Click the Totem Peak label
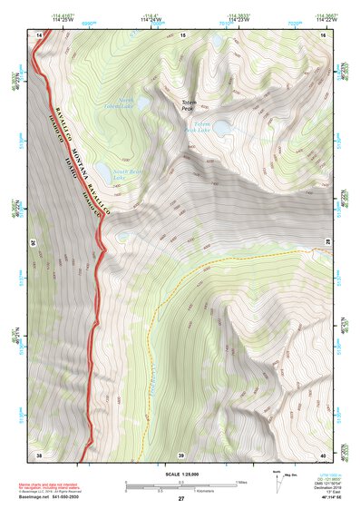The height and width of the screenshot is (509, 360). [189, 106]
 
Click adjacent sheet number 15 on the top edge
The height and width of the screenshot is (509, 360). [181, 34]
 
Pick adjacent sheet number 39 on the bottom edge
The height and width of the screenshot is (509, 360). [181, 454]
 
